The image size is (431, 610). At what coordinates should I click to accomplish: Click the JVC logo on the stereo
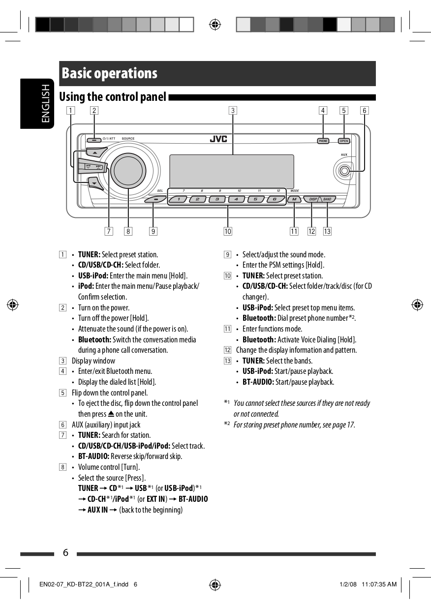pyautogui.click(x=218, y=139)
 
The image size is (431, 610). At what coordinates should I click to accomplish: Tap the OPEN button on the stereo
pyautogui.click(x=344, y=141)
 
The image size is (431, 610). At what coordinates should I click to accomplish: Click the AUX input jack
pyautogui.click(x=344, y=171)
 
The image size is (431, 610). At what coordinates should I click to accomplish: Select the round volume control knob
pyautogui.click(x=128, y=170)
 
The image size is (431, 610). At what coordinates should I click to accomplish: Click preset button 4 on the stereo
pyautogui.click(x=236, y=199)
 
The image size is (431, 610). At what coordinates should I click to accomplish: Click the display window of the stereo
pyautogui.click(x=231, y=171)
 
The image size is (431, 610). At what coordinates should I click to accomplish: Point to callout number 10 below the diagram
pyautogui.click(x=227, y=231)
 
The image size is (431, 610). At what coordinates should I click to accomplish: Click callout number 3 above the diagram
pyautogui.click(x=233, y=110)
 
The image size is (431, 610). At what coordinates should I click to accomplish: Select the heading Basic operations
pyautogui.click(x=109, y=73)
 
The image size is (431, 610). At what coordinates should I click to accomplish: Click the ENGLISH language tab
pyautogui.click(x=45, y=103)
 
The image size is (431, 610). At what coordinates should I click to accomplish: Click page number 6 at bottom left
pyautogui.click(x=65, y=553)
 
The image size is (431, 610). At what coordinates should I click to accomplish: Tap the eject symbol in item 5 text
pyautogui.click(x=111, y=414)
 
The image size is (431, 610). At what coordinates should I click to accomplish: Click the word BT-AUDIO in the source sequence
pyautogui.click(x=193, y=499)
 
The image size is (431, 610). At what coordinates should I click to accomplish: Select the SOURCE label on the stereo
pyautogui.click(x=128, y=139)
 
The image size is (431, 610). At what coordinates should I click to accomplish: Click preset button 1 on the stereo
pyautogui.click(x=179, y=199)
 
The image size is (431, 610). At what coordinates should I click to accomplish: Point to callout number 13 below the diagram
pyautogui.click(x=327, y=231)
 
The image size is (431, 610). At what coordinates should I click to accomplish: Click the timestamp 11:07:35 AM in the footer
pyautogui.click(x=379, y=584)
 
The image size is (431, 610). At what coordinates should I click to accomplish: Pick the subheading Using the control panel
pyautogui.click(x=113, y=97)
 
